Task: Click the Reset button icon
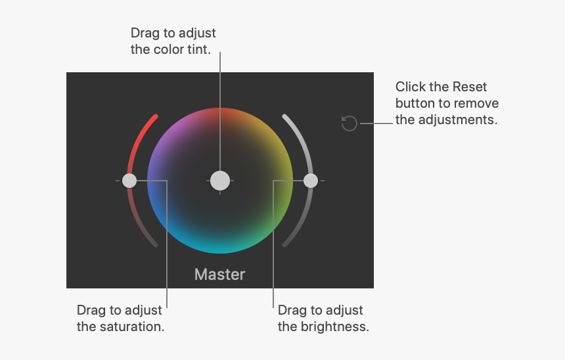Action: [350, 123]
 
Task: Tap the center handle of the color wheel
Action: [220, 180]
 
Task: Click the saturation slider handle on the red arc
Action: [129, 180]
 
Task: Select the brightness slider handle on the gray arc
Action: [311, 180]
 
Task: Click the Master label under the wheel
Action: [220, 274]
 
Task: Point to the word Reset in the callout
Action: [469, 87]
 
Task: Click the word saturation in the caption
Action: [131, 326]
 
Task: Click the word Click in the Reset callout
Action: [410, 87]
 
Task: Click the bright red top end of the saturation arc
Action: [154, 118]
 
